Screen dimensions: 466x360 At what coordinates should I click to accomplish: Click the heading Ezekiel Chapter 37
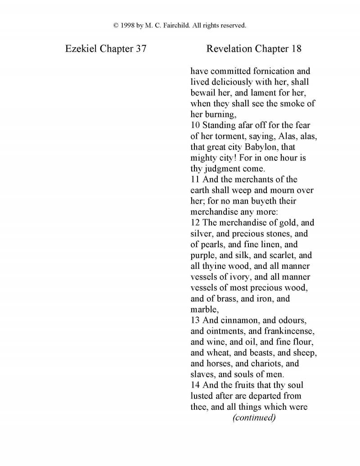coord(105,49)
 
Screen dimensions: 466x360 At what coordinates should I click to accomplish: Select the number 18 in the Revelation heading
coord(296,49)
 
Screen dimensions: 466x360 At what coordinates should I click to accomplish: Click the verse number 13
coord(195,320)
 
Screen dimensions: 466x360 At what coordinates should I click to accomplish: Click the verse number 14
coord(195,385)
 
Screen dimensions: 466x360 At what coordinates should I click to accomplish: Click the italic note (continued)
coord(254,417)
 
